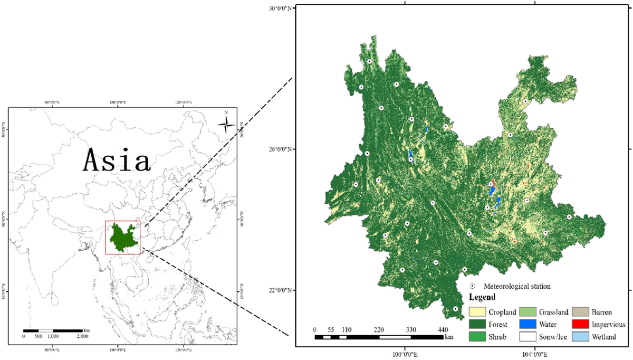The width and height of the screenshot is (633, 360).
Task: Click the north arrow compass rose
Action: [x=226, y=125]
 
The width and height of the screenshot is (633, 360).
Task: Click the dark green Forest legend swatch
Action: [x=477, y=325]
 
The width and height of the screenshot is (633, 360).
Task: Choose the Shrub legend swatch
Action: [x=477, y=337]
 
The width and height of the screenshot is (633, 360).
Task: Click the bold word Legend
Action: [x=482, y=297]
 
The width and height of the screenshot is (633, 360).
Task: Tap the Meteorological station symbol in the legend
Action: [x=473, y=286]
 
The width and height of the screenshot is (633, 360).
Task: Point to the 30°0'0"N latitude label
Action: [x=280, y=8]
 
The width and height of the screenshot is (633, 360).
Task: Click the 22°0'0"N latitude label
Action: [x=280, y=290]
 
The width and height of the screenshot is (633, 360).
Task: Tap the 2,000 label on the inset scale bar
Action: [x=83, y=336]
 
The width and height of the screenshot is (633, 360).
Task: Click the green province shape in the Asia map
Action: [x=123, y=238]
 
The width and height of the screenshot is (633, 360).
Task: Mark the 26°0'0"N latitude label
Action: [x=280, y=149]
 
